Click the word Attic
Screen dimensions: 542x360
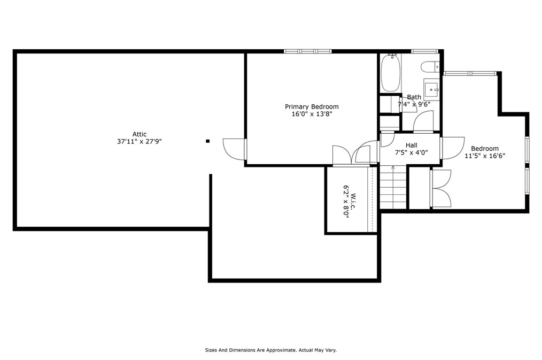[140, 134]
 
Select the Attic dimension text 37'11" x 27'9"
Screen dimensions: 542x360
[140, 141]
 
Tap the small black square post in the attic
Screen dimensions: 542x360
[208, 141]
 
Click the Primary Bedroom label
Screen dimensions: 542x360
[312, 107]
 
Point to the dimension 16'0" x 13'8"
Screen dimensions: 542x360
[312, 114]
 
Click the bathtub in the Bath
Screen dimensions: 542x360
[391, 73]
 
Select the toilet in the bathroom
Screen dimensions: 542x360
[431, 67]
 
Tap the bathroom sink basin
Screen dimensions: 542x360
[431, 89]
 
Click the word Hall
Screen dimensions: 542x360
[412, 145]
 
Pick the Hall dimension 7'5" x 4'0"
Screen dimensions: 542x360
[412, 152]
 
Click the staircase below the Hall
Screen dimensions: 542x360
[393, 187]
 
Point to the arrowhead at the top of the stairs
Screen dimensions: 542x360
[393, 167]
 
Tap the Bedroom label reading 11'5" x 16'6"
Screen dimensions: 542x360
[485, 156]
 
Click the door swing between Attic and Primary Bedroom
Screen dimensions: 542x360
[234, 149]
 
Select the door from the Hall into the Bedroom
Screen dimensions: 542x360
[453, 148]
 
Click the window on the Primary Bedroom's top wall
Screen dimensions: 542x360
[308, 51]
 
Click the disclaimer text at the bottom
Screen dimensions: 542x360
[270, 350]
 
